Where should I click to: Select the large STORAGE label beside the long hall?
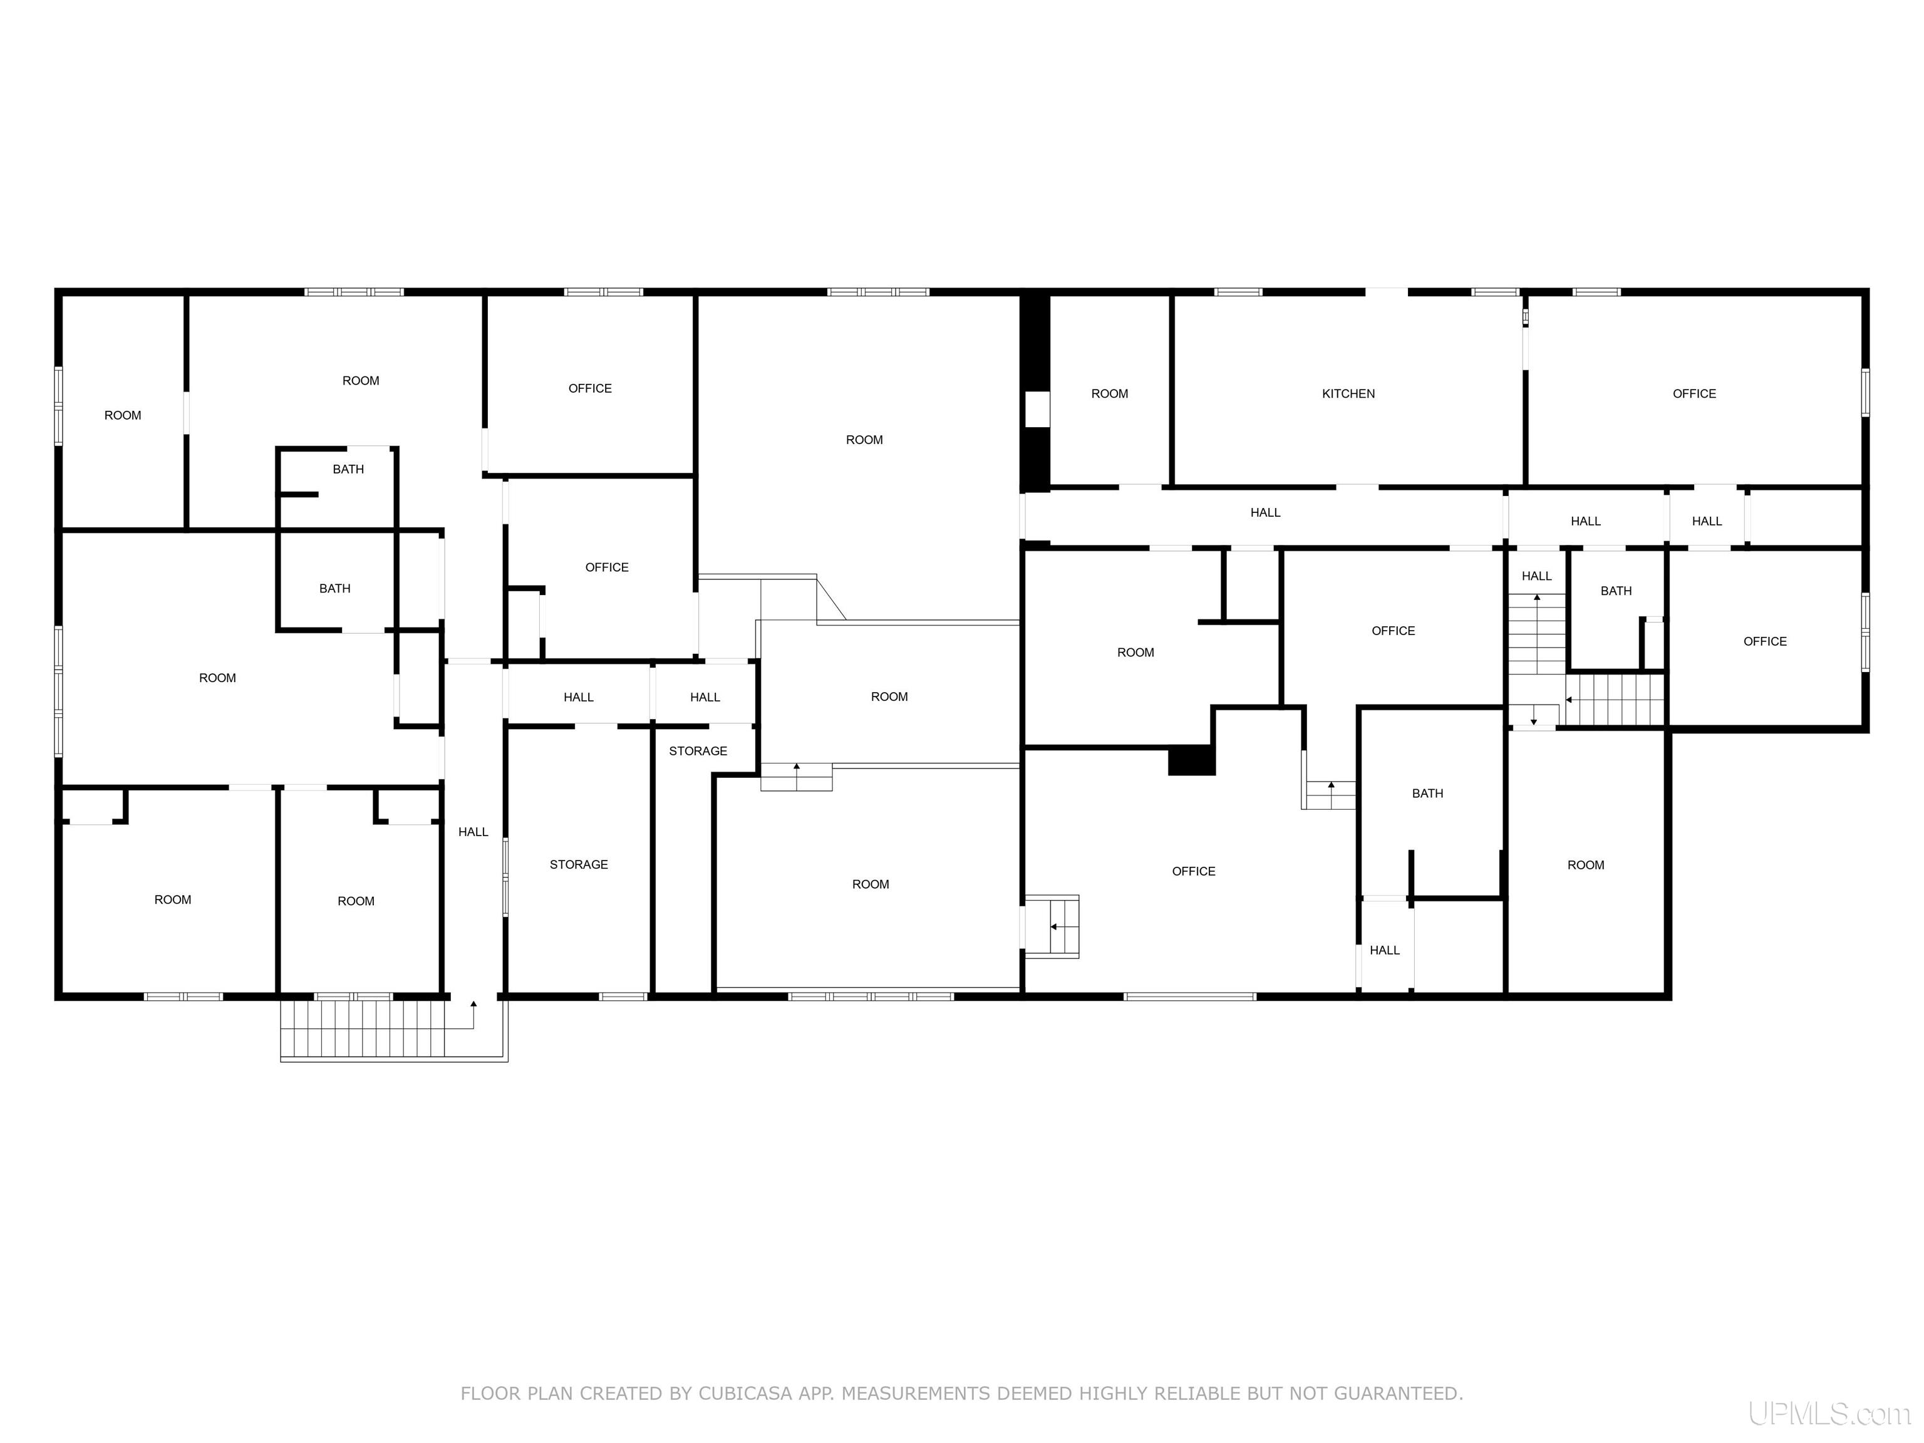click(579, 864)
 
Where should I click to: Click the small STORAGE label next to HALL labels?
click(698, 752)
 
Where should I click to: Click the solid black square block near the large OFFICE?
click(1191, 760)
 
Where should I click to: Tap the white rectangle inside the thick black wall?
click(1036, 409)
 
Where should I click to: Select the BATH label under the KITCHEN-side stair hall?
click(1615, 591)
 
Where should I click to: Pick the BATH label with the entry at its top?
click(348, 470)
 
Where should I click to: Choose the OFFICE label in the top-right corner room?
click(1694, 394)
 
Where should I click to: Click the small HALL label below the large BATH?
click(1384, 951)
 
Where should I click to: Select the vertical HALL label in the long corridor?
click(473, 832)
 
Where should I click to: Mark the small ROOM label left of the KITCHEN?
click(1109, 394)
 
